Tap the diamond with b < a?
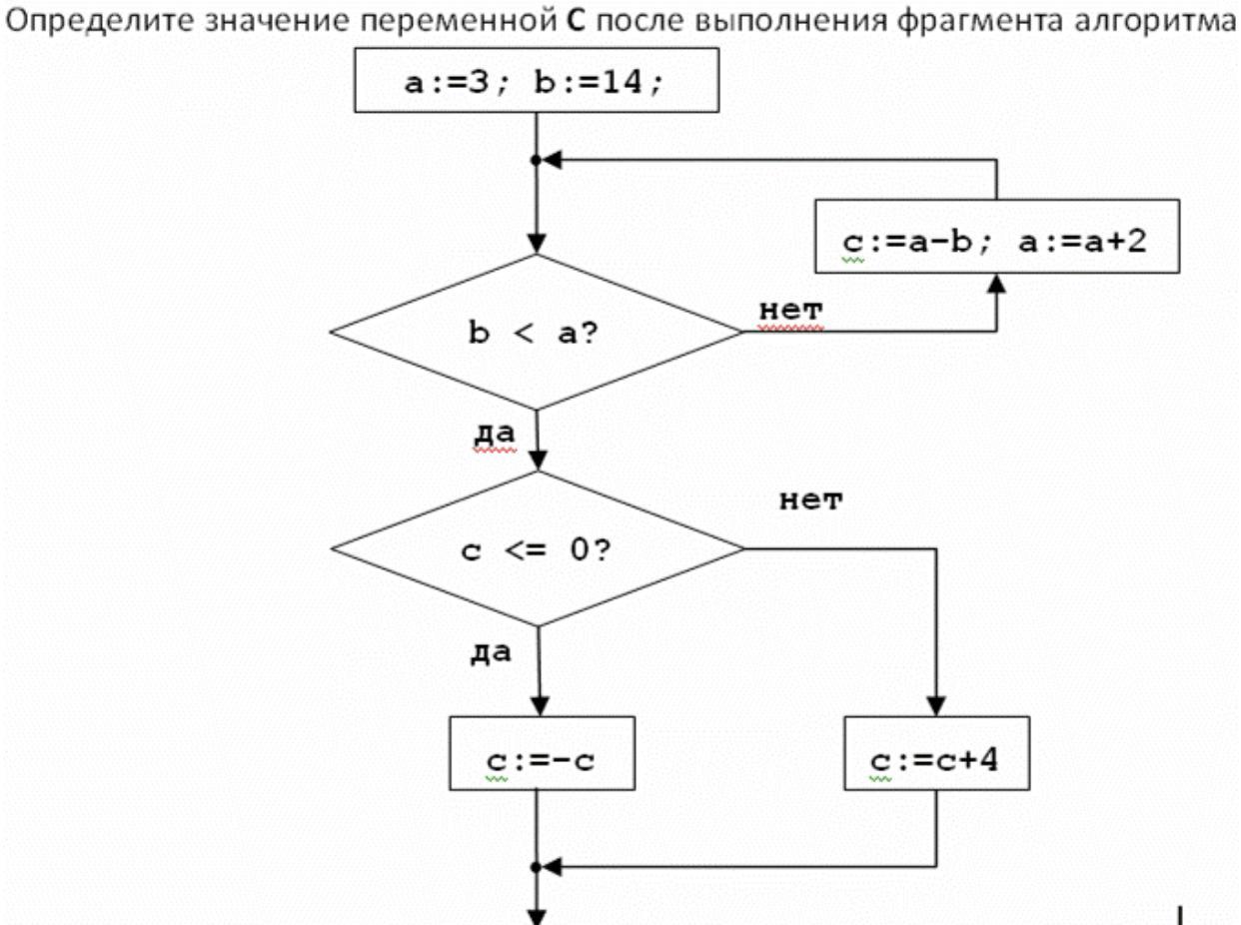537,333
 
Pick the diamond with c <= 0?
537,549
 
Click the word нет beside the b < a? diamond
791,310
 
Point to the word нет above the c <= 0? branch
810,499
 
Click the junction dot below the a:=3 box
537,160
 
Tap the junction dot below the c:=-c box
537,866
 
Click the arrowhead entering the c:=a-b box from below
996,285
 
